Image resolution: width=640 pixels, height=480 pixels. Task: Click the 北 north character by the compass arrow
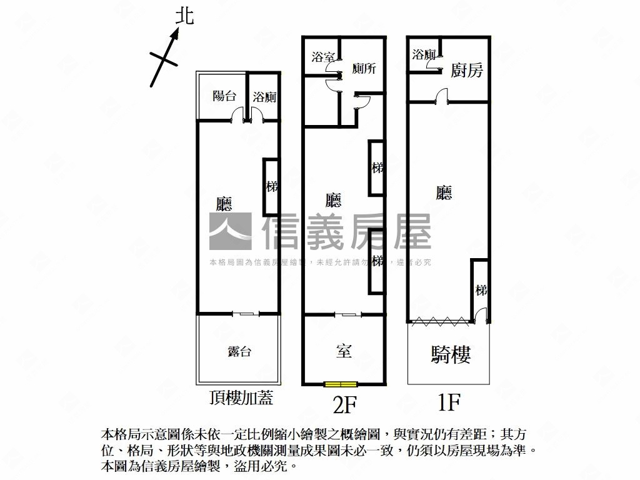coord(184,16)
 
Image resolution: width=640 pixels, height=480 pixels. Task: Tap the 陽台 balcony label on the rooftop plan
coord(224,96)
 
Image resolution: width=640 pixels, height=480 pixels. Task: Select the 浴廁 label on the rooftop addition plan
coord(264,97)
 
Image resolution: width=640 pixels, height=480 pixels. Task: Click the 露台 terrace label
coord(239,351)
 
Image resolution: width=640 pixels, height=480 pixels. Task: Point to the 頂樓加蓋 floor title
coord(241,398)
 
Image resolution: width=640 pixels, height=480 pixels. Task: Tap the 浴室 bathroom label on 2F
coord(322,57)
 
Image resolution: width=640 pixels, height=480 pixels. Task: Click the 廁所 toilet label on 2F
coord(364,69)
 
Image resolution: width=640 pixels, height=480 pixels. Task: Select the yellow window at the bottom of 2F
coord(341,384)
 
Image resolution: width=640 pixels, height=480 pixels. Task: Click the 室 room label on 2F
coord(343,351)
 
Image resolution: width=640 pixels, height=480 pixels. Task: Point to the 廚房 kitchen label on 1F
coord(467,70)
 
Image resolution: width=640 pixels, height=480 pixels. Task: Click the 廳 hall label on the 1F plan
coord(444,193)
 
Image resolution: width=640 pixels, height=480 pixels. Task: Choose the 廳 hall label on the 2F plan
coord(333,200)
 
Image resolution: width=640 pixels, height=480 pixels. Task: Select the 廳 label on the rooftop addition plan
coord(224,204)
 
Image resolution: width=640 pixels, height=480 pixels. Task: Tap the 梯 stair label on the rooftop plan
coord(271,186)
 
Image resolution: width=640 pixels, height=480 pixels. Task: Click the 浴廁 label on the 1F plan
coord(424,54)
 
